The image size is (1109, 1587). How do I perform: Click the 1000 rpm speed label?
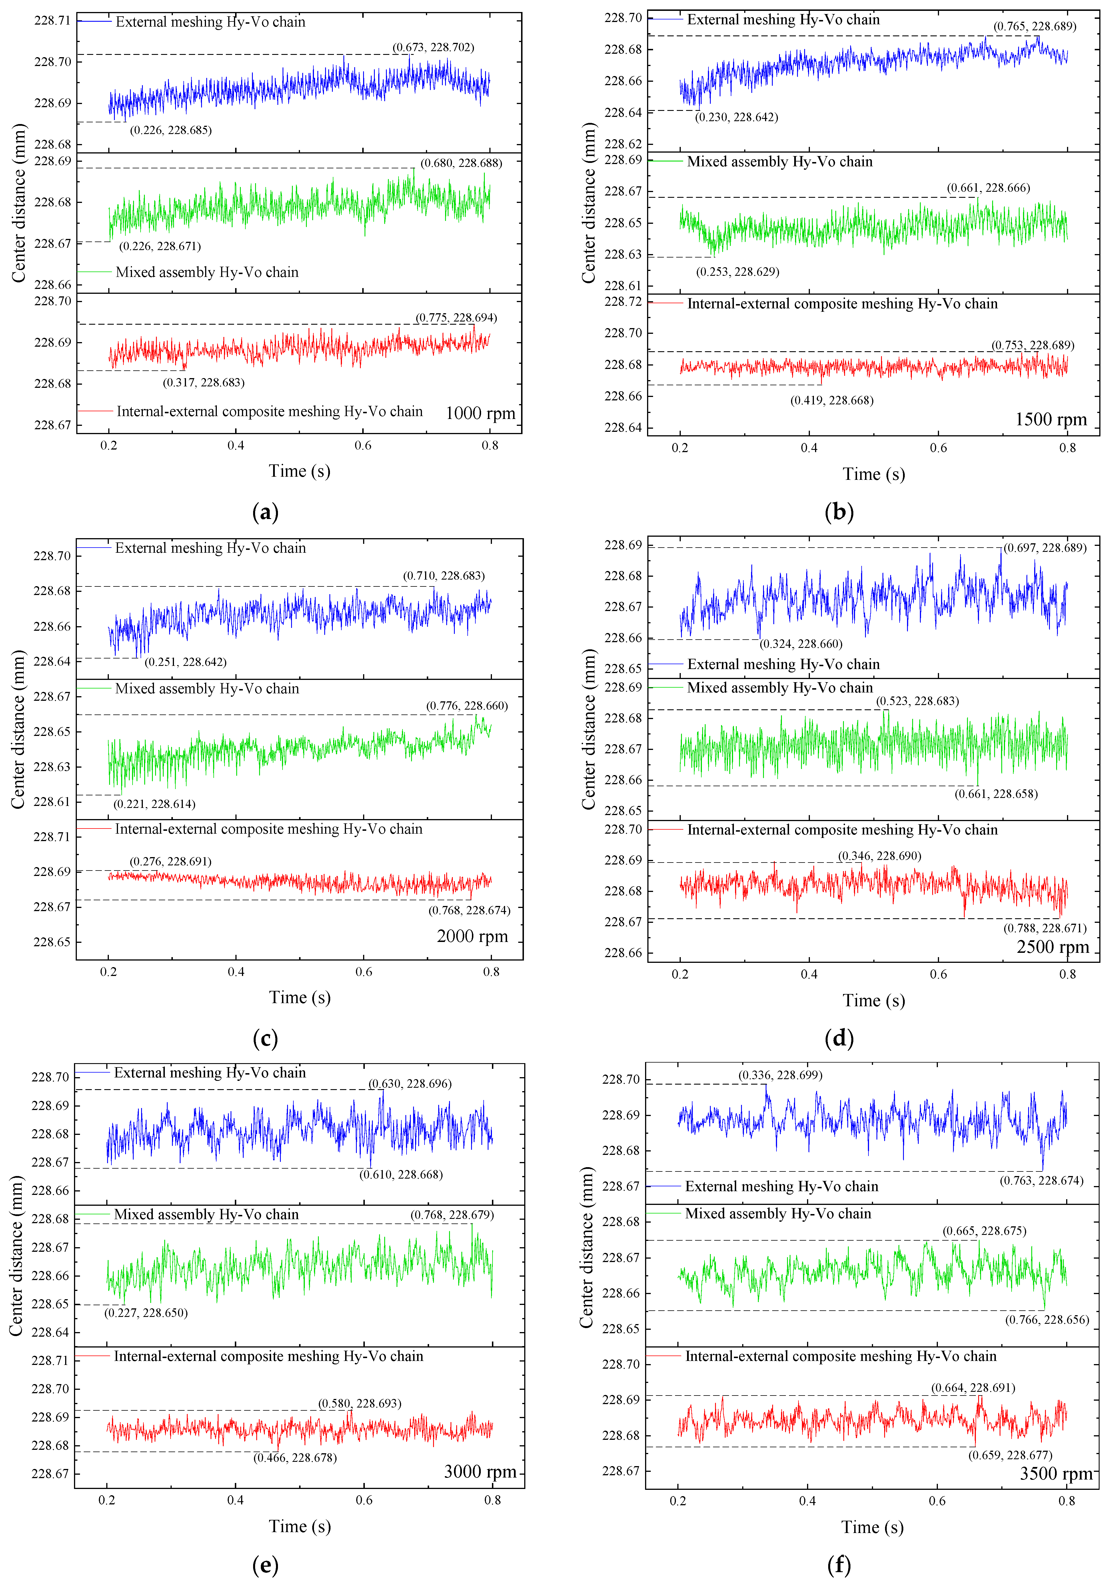[x=480, y=413]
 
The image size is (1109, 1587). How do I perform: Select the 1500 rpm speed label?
[x=1050, y=420]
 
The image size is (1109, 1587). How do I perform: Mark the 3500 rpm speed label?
[x=1055, y=1474]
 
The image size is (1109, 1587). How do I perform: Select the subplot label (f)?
[x=839, y=1565]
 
